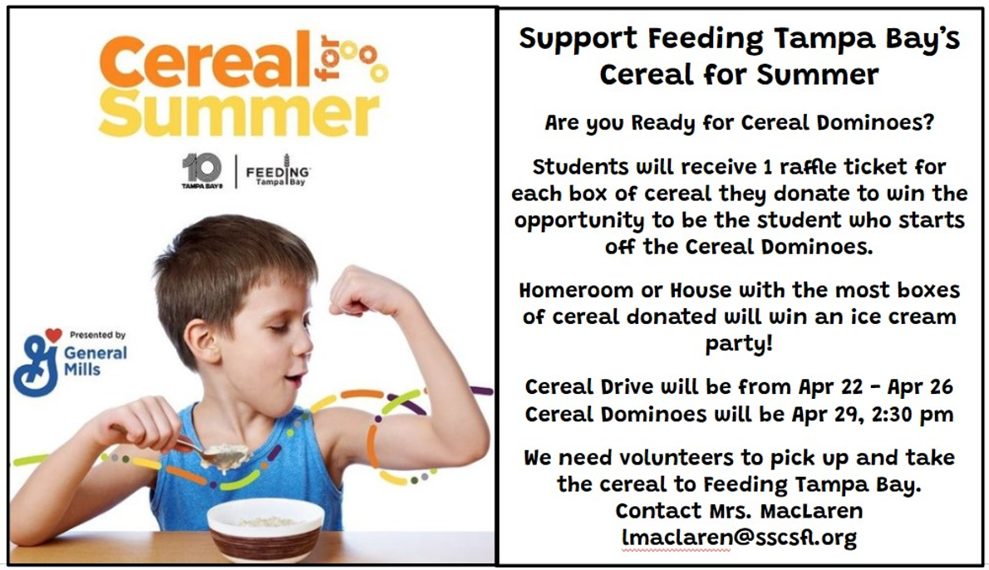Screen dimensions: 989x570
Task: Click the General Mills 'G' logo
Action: [x=37, y=363]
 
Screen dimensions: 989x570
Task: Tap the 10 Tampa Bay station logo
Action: [x=202, y=171]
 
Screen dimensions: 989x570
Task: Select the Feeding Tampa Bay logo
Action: [x=278, y=170]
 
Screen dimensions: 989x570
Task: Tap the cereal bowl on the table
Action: [x=265, y=529]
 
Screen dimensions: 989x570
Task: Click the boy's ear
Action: [x=201, y=341]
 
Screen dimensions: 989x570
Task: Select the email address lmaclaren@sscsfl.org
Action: [x=739, y=538]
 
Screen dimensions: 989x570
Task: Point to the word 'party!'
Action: [x=739, y=344]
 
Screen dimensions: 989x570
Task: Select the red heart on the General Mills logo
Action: [x=53, y=335]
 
